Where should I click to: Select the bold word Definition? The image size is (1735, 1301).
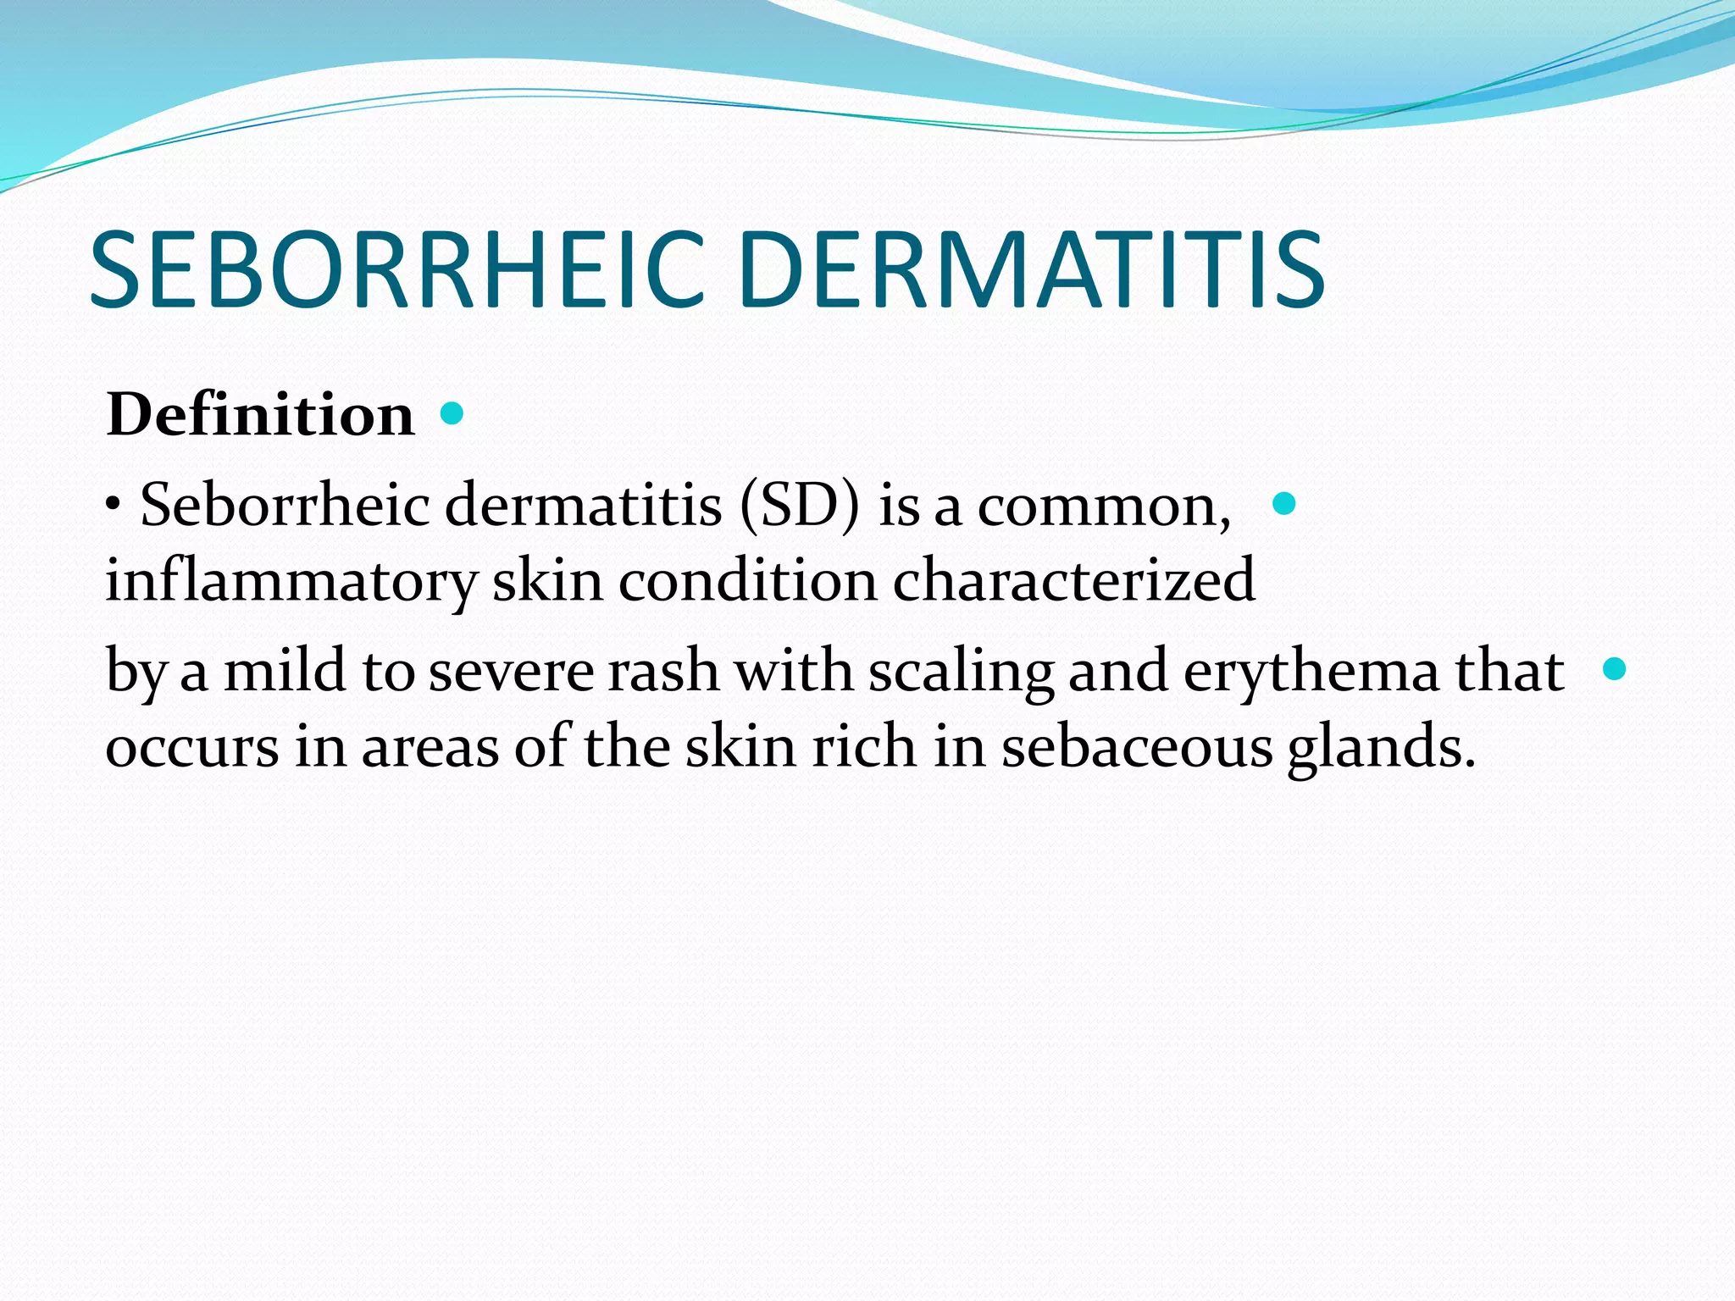click(261, 415)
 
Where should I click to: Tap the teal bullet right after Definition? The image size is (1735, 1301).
click(452, 413)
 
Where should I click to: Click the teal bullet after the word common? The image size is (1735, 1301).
click(1284, 504)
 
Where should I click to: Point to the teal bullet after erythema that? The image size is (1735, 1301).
click(1615, 669)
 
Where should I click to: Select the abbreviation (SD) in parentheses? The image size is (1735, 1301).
click(800, 506)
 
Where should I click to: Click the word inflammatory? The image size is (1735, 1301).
click(291, 581)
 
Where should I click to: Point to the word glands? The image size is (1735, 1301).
click(1381, 747)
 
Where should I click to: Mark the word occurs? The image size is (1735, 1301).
click(192, 748)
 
